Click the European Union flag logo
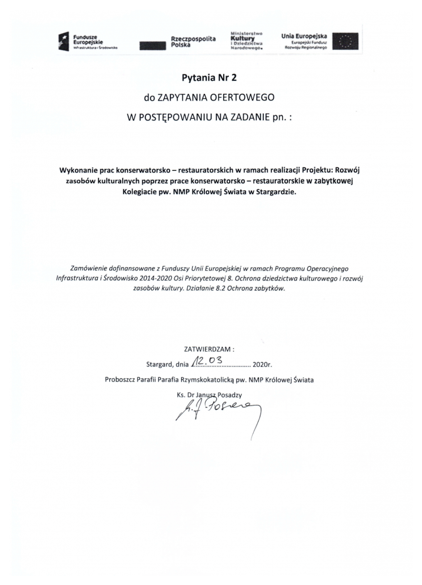point(345,41)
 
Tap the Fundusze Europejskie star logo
point(64,42)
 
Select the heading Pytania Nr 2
point(209,78)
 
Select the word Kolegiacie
point(137,192)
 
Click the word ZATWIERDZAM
point(207,349)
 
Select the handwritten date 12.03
point(207,360)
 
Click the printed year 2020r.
point(262,365)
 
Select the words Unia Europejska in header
point(304,36)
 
